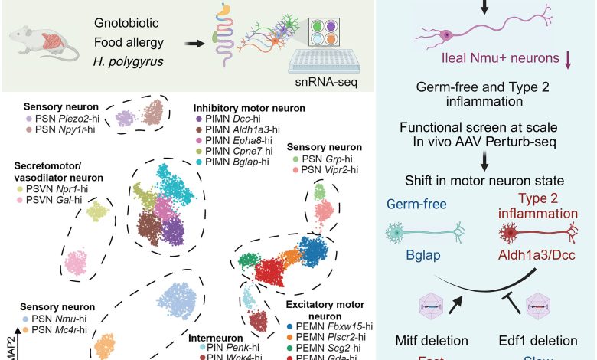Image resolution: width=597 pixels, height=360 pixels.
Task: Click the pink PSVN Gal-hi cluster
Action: coord(77,261)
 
